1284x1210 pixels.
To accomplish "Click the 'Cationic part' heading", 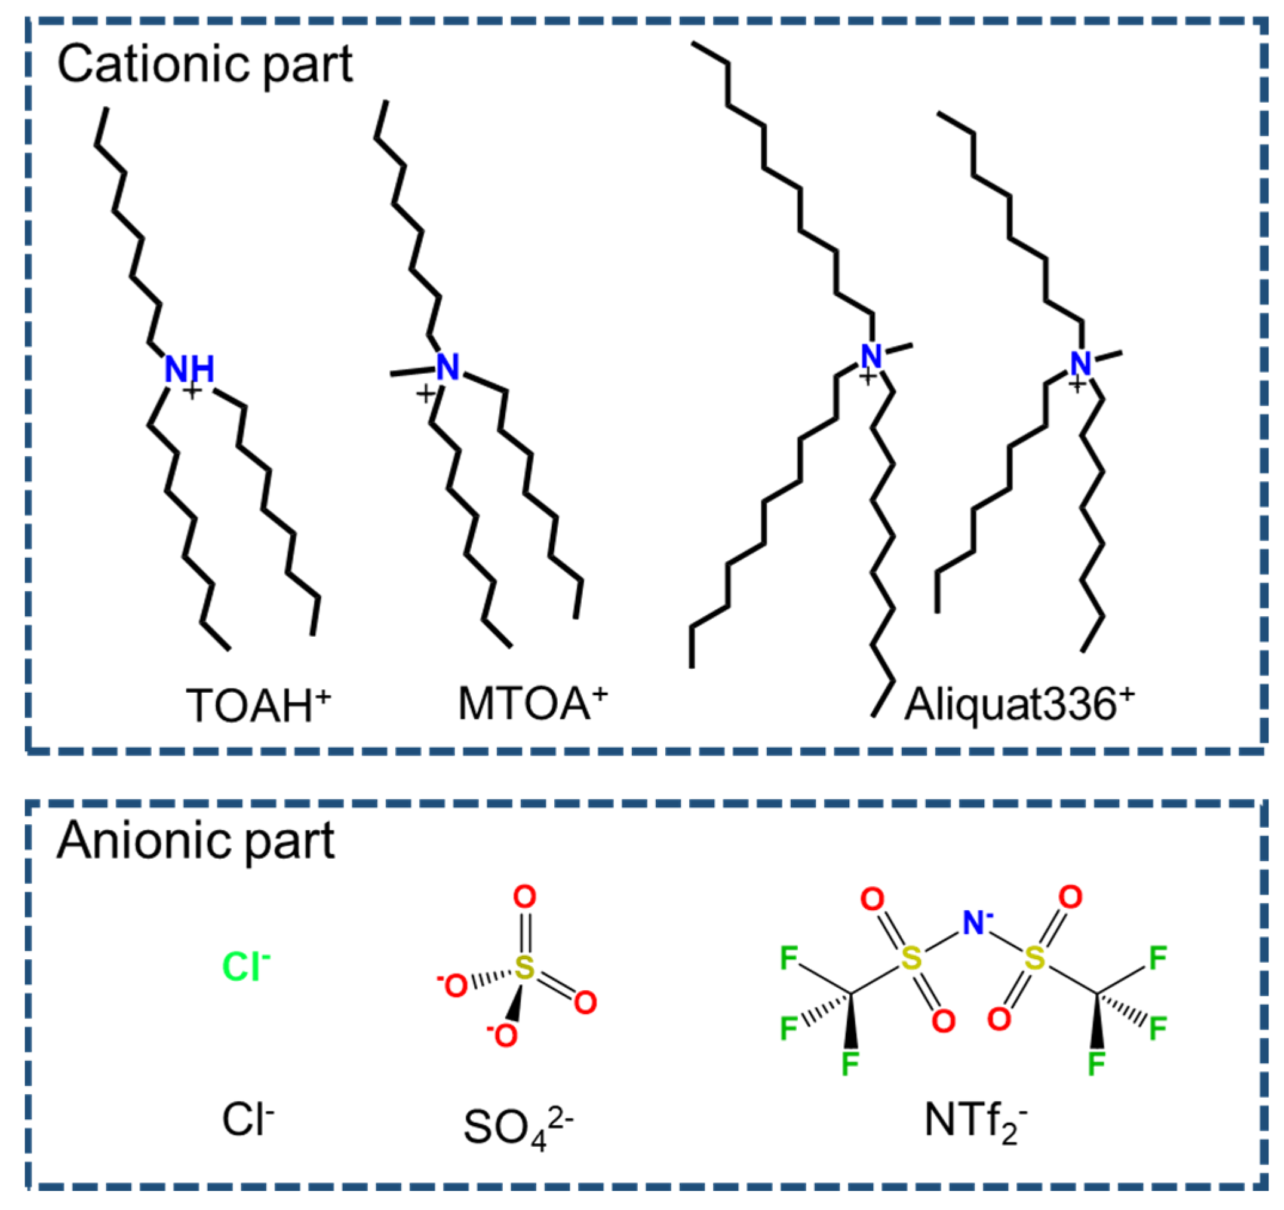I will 205,65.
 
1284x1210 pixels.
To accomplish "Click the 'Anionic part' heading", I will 196,842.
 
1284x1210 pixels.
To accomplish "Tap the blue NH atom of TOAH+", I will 189,370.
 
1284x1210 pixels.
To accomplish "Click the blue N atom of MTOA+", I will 447,367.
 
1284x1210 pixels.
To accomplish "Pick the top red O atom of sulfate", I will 524,897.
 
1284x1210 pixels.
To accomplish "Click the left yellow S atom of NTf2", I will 911,959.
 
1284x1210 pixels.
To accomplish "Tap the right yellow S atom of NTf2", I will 1035,959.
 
